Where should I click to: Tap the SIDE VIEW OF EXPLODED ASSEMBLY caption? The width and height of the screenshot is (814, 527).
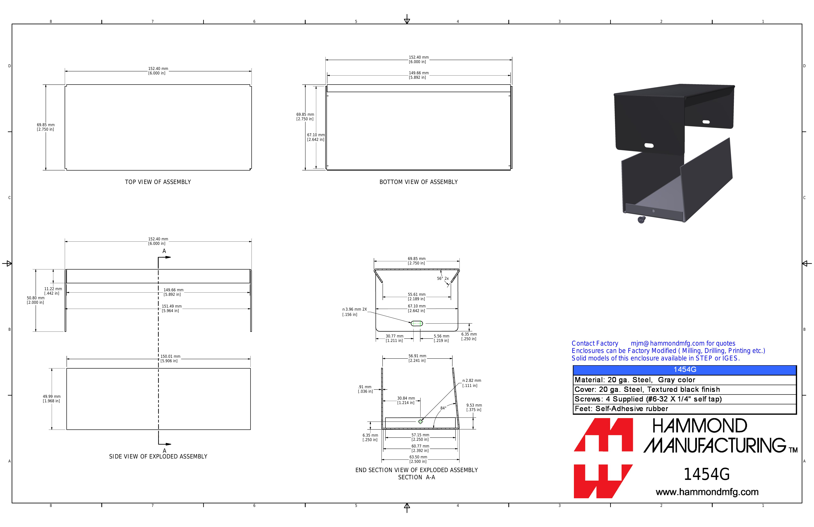click(x=158, y=457)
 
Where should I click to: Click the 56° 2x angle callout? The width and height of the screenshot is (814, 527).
click(x=443, y=279)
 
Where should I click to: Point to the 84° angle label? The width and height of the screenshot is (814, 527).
click(x=443, y=408)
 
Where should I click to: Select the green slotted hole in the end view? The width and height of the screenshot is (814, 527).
click(x=417, y=323)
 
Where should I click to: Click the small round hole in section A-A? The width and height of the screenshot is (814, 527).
click(x=420, y=422)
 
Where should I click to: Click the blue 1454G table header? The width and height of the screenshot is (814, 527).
click(x=685, y=370)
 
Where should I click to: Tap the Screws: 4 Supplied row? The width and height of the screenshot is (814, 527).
click(x=648, y=399)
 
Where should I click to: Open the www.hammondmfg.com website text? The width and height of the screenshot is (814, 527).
click(x=707, y=492)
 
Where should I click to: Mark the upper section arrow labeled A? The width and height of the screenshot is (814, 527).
click(x=164, y=257)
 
